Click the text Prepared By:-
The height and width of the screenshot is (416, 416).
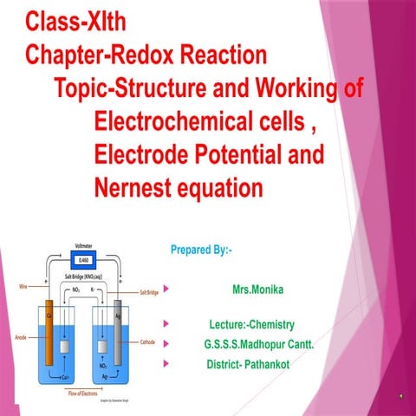(202, 250)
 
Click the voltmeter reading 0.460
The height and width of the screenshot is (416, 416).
(83, 258)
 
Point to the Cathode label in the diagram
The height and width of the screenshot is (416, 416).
(148, 342)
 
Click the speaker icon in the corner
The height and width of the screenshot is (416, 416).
(400, 394)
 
